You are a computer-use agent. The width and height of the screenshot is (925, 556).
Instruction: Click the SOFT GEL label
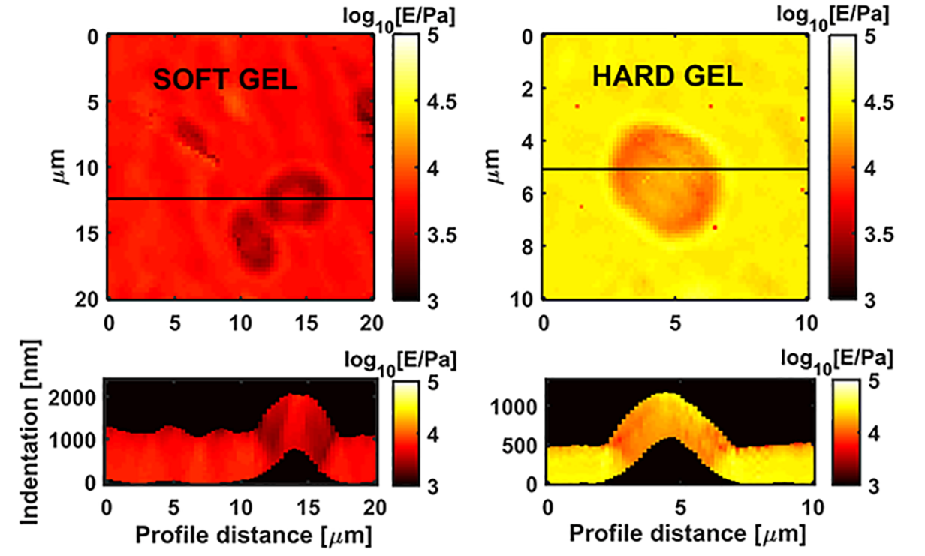pyautogui.click(x=225, y=79)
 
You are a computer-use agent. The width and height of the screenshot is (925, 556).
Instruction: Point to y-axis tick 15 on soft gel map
pyautogui.click(x=89, y=233)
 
